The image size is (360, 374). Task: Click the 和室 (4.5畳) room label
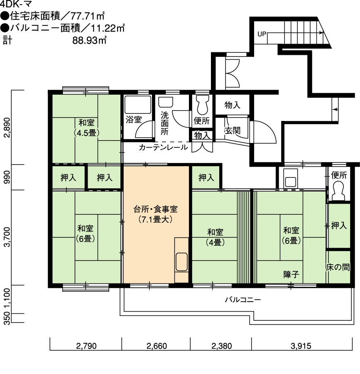tap(86, 128)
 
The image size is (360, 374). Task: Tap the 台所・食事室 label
tap(155, 209)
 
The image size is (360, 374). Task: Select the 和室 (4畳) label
tap(215, 237)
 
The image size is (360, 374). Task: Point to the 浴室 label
tap(134, 120)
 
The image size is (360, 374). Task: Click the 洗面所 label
tap(164, 123)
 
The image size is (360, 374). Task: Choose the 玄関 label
tap(232, 130)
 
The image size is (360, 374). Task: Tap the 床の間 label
tap(338, 267)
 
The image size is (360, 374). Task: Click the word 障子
tap(291, 275)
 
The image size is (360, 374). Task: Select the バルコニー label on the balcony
tap(243, 300)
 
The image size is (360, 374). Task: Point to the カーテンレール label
tap(163, 147)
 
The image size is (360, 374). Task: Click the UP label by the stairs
tap(262, 34)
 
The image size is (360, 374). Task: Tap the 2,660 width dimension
tap(157, 346)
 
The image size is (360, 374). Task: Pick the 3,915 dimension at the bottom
tap(301, 346)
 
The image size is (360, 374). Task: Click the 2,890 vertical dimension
tap(7, 128)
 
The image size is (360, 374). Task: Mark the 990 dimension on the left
tap(7, 177)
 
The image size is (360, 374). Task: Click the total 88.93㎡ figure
tap(89, 40)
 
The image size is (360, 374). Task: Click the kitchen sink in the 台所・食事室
tap(181, 262)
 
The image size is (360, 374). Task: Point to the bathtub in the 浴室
tap(138, 105)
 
